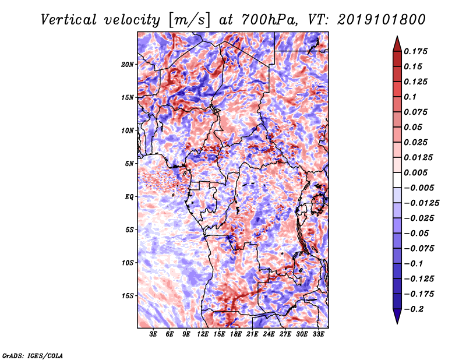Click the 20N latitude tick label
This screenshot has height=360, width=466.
coord(127,65)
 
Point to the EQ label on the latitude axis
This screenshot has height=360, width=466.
coord(129,197)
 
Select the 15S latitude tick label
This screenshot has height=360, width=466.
coord(127,296)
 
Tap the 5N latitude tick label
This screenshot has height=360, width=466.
coord(129,164)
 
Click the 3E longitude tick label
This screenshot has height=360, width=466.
coord(153,334)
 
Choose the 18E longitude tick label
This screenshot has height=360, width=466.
coord(236,334)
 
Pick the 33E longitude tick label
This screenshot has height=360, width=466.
coord(318,334)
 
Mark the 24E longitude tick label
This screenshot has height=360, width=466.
coord(269,334)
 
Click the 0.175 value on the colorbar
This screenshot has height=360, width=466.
coord(415,51)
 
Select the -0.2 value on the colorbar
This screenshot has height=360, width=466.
coord(414,309)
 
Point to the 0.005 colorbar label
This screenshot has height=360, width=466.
coord(415,172)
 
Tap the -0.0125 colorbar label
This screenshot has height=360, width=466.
coord(421,203)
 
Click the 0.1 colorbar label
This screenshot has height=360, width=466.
coord(410,97)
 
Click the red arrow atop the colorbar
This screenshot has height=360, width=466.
coord(397,44)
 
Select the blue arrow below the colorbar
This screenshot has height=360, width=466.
coord(397,316)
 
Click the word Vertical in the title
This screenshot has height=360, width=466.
coord(69,20)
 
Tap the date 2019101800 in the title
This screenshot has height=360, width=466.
coord(382,20)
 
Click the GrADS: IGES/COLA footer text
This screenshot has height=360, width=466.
coord(33,356)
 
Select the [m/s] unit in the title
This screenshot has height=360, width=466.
coord(189,20)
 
